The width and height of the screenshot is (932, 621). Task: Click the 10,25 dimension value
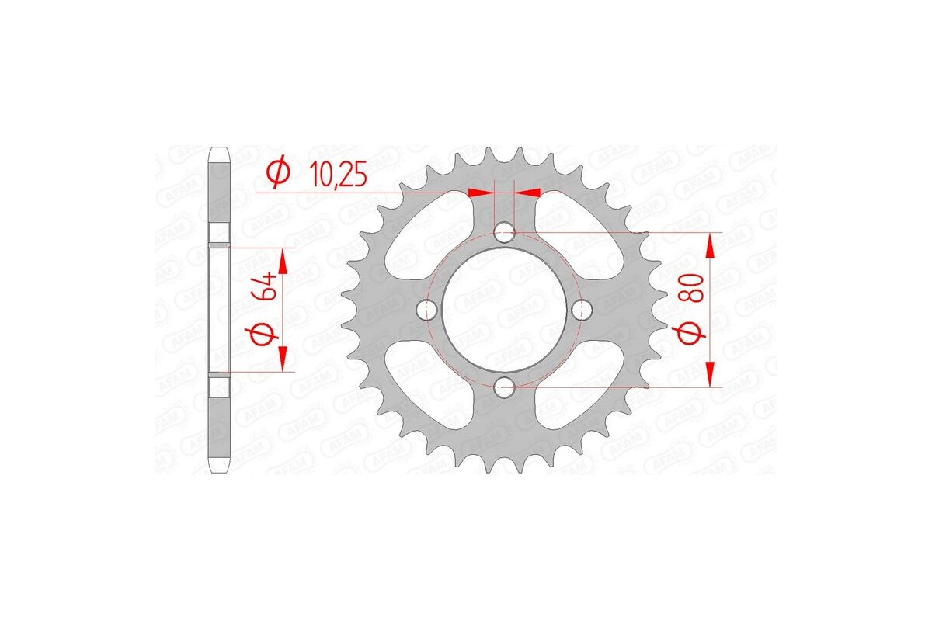tap(339, 174)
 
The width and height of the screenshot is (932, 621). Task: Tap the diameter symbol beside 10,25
tap(278, 173)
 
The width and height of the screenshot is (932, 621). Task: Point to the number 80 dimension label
tap(694, 288)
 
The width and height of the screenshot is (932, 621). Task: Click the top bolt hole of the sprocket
tap(504, 232)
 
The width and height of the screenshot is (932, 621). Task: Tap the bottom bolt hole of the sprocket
tap(504, 386)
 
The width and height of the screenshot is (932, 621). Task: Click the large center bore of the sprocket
tap(504, 310)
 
